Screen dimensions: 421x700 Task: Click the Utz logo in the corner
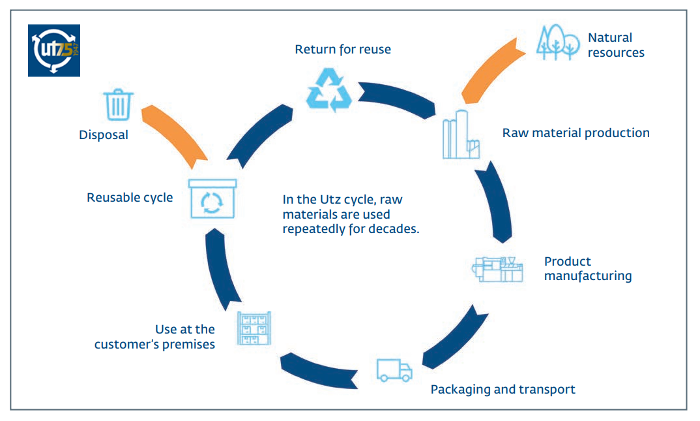(x=53, y=50)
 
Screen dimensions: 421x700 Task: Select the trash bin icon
(x=118, y=104)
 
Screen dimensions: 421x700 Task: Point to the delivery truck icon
(x=394, y=371)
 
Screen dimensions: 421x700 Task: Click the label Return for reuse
(x=343, y=49)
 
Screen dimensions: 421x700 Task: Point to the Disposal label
(x=104, y=135)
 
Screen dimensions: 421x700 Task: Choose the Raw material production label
(x=576, y=133)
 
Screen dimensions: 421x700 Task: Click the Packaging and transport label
(x=503, y=390)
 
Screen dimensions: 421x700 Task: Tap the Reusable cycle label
(x=130, y=197)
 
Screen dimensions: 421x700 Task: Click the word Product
(x=568, y=261)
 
